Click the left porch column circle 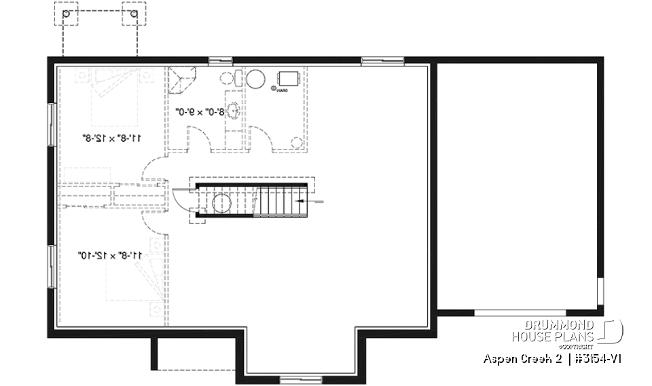(65, 14)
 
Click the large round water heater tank (256, 79)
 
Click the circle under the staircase (222, 202)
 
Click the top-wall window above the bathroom (220, 60)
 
